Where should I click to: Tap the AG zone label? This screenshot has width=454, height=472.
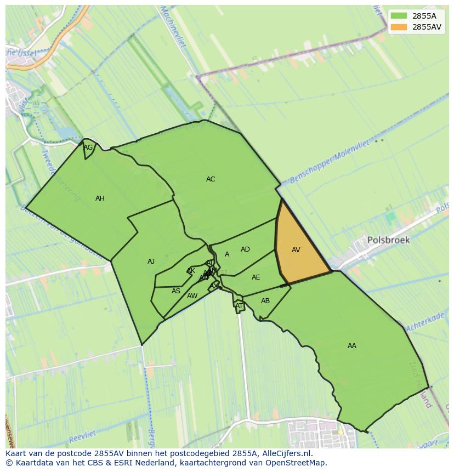point(88,147)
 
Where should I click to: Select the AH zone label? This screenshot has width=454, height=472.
point(100,198)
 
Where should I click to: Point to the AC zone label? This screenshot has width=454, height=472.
point(211,179)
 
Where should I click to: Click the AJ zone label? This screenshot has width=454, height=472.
point(151,261)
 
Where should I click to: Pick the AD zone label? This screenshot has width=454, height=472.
point(245,249)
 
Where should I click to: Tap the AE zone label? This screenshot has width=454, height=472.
point(256,277)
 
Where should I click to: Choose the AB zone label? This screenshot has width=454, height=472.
point(265,301)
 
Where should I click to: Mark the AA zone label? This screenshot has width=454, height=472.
point(352,346)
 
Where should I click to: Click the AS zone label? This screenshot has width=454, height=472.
point(175,291)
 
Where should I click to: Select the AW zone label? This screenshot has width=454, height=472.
point(192,296)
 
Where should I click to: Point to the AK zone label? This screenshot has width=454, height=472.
point(191,271)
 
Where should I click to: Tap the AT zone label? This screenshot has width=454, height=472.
point(239,306)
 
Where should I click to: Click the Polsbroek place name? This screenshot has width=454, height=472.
point(388,240)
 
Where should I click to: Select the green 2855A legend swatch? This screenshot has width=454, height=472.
point(399,16)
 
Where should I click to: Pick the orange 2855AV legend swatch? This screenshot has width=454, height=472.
point(399,27)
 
